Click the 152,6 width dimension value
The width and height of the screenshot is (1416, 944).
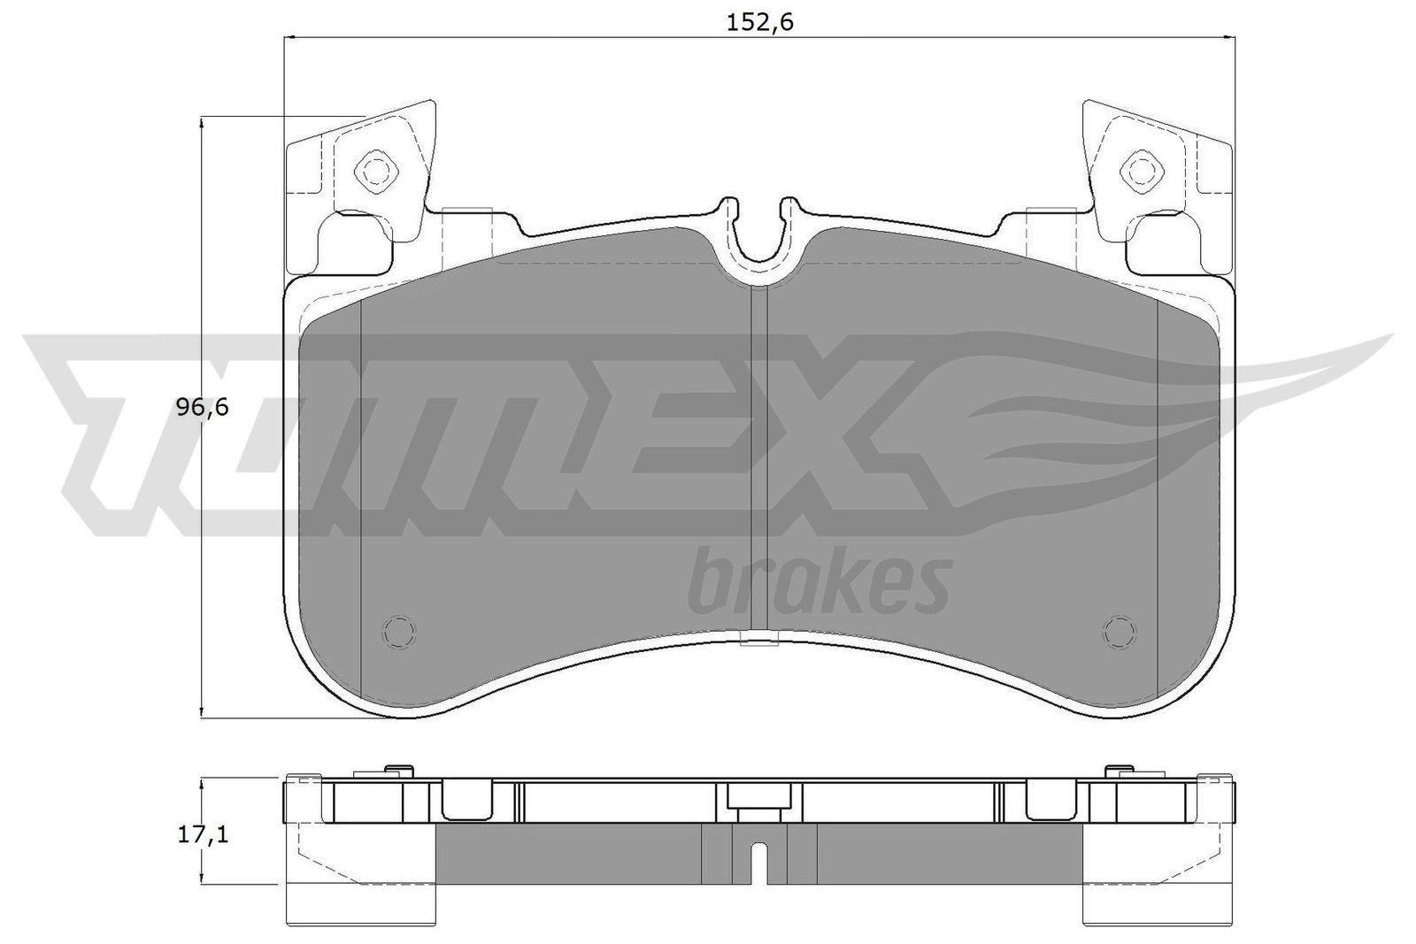click(759, 22)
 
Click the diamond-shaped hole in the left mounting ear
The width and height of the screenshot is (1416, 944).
click(373, 169)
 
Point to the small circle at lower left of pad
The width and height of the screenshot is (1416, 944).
click(397, 631)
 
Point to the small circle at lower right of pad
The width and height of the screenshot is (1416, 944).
click(1119, 631)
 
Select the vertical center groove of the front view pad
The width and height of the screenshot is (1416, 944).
click(758, 460)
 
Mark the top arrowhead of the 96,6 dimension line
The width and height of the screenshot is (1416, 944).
click(203, 123)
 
